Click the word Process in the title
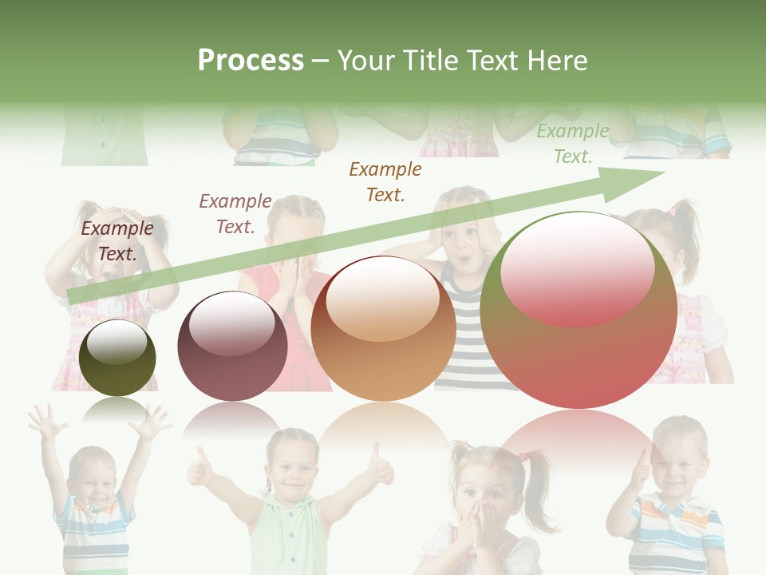coord(251,61)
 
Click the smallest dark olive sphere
coord(117,359)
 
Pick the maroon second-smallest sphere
coord(232,346)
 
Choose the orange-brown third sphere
coord(383,329)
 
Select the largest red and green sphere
coord(578,311)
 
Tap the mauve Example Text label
coord(235,214)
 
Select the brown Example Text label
coord(385,182)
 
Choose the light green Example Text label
coord(573,144)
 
